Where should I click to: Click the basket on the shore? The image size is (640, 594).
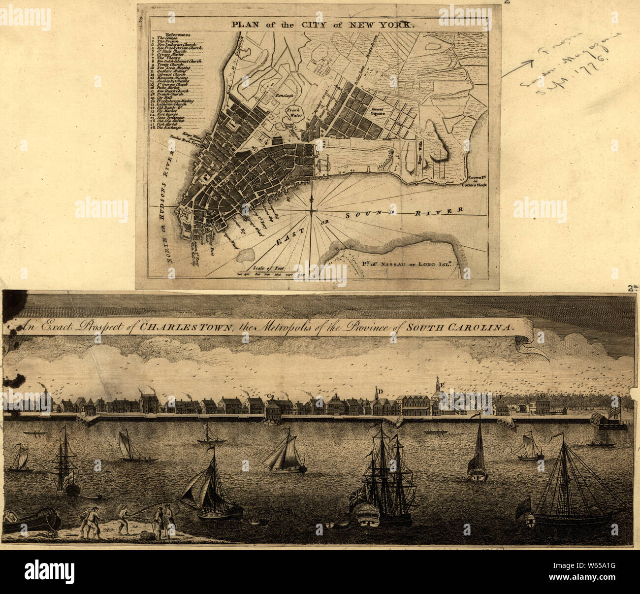145,535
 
